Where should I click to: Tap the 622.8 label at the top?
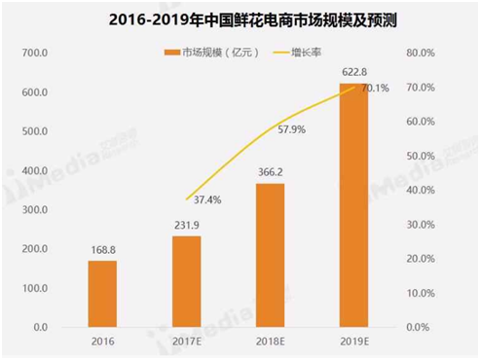click(353, 72)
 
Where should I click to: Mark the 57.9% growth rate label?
click(293, 128)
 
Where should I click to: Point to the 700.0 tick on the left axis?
click(35, 53)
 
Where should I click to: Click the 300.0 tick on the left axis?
click(35, 210)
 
